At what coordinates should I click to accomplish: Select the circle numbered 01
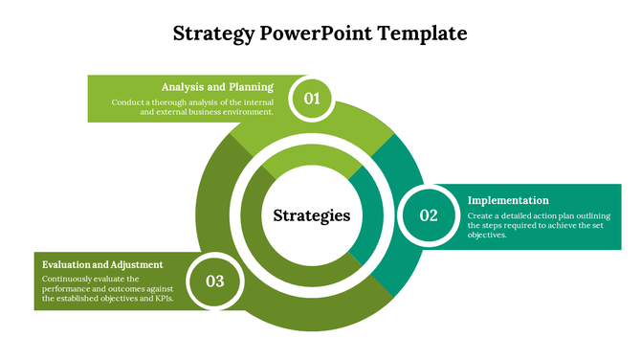point(312,98)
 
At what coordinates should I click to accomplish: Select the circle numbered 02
point(429,215)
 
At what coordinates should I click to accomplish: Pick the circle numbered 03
point(214,281)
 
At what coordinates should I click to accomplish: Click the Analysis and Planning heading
point(217,86)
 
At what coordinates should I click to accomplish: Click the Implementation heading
point(508,200)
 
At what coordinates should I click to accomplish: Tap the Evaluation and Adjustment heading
point(102,264)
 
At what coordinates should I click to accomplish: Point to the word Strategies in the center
point(312,215)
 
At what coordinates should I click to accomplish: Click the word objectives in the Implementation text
point(488,235)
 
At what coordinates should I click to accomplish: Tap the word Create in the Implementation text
point(481,215)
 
